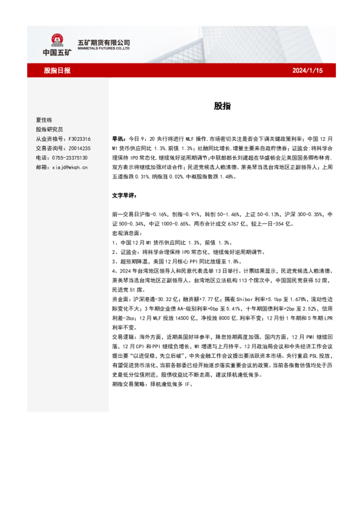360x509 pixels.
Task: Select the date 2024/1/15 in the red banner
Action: [308, 71]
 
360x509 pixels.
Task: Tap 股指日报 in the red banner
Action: [57, 71]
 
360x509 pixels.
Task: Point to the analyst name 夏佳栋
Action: [44, 120]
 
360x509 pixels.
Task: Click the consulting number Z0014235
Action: [78, 148]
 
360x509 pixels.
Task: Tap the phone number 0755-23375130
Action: [70, 157]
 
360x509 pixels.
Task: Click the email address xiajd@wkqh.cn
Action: [70, 167]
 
